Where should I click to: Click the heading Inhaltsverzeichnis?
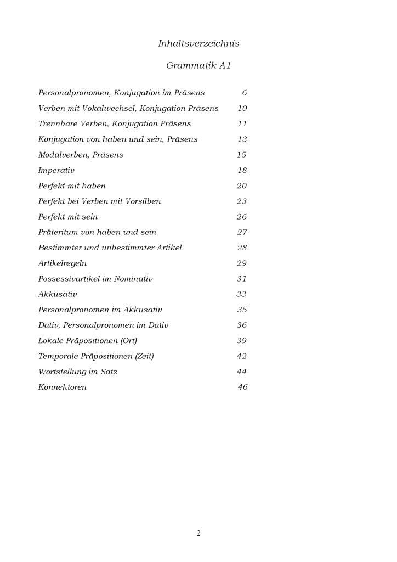point(198,44)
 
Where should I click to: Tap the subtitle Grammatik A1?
point(198,66)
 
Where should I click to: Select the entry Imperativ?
point(56,171)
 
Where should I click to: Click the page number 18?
point(242,171)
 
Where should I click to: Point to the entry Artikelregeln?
point(63,263)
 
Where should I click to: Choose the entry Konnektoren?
point(63,387)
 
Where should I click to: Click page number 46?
point(242,387)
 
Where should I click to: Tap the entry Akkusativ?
point(58,295)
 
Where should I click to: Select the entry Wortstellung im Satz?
point(78,372)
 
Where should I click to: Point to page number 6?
point(244,93)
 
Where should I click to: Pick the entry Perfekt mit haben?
point(72,186)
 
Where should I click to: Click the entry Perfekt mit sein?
point(68,217)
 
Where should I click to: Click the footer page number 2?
point(198,533)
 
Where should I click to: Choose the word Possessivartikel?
point(68,279)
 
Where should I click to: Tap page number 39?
point(242,341)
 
